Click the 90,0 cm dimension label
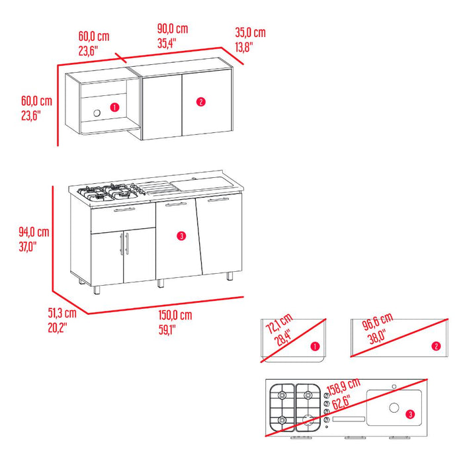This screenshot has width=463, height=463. pyautogui.click(x=173, y=29)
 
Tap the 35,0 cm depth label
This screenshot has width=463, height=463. pyautogui.click(x=251, y=32)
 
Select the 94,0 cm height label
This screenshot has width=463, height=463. pyautogui.click(x=34, y=232)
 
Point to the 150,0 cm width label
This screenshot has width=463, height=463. pyautogui.click(x=175, y=315)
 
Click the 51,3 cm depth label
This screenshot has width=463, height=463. pyautogui.click(x=62, y=313)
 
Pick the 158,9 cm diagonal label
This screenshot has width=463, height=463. pyautogui.click(x=344, y=387)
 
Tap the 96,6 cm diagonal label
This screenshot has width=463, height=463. pyautogui.click(x=378, y=321)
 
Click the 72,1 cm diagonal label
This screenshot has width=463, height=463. pyautogui.click(x=279, y=323)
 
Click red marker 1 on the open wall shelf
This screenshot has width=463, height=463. pyautogui.click(x=114, y=107)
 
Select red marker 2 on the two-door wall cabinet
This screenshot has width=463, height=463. pyautogui.click(x=201, y=102)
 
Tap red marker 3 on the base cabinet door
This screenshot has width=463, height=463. pyautogui.click(x=181, y=236)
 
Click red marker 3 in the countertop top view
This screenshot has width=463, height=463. pyautogui.click(x=410, y=414)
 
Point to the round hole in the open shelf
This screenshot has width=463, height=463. pyautogui.click(x=97, y=113)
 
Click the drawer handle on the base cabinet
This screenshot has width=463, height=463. pyautogui.click(x=124, y=210)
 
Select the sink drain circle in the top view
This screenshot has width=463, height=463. pyautogui.click(x=394, y=407)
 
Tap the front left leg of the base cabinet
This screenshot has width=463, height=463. pyautogui.click(x=97, y=290)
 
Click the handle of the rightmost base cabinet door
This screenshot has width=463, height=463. pyautogui.click(x=218, y=200)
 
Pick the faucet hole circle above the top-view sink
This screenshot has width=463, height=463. pyautogui.click(x=394, y=386)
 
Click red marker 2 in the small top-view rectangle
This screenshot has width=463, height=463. pyautogui.click(x=436, y=347)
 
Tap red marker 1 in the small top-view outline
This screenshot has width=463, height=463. pyautogui.click(x=316, y=346)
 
